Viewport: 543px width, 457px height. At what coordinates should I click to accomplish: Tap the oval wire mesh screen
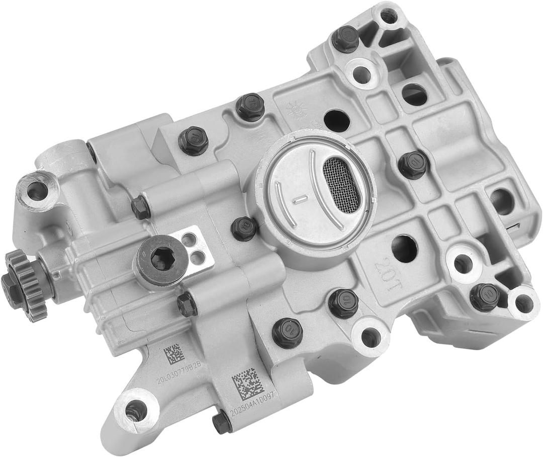click(341, 185)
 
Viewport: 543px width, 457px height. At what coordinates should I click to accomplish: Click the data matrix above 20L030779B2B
click(172, 353)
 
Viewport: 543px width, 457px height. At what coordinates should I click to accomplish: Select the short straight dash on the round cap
click(300, 199)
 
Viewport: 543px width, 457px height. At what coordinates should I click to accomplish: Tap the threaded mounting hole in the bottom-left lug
click(135, 410)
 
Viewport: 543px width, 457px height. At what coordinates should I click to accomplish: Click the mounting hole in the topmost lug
click(388, 16)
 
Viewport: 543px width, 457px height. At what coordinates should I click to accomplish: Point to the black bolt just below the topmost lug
click(345, 38)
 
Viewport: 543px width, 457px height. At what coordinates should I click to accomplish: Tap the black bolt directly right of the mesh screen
click(413, 164)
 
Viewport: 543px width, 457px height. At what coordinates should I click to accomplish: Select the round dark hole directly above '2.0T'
click(404, 248)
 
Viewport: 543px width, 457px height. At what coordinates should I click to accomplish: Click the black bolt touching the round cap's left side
click(244, 228)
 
